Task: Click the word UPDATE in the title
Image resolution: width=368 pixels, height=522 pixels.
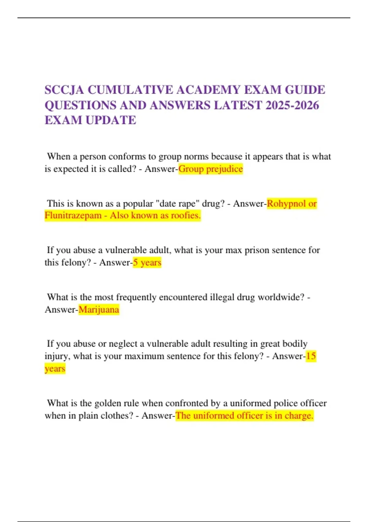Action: click(111, 120)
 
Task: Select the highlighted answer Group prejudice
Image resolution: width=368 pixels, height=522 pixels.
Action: click(211, 169)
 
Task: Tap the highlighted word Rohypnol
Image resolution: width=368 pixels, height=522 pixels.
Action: click(286, 204)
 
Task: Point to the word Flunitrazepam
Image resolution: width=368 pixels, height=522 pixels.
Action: click(73, 216)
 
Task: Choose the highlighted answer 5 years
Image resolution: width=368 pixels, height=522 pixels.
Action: click(147, 263)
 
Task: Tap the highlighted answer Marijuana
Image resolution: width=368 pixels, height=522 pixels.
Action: click(99, 310)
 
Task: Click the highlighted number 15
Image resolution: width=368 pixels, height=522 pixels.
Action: click(311, 356)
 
